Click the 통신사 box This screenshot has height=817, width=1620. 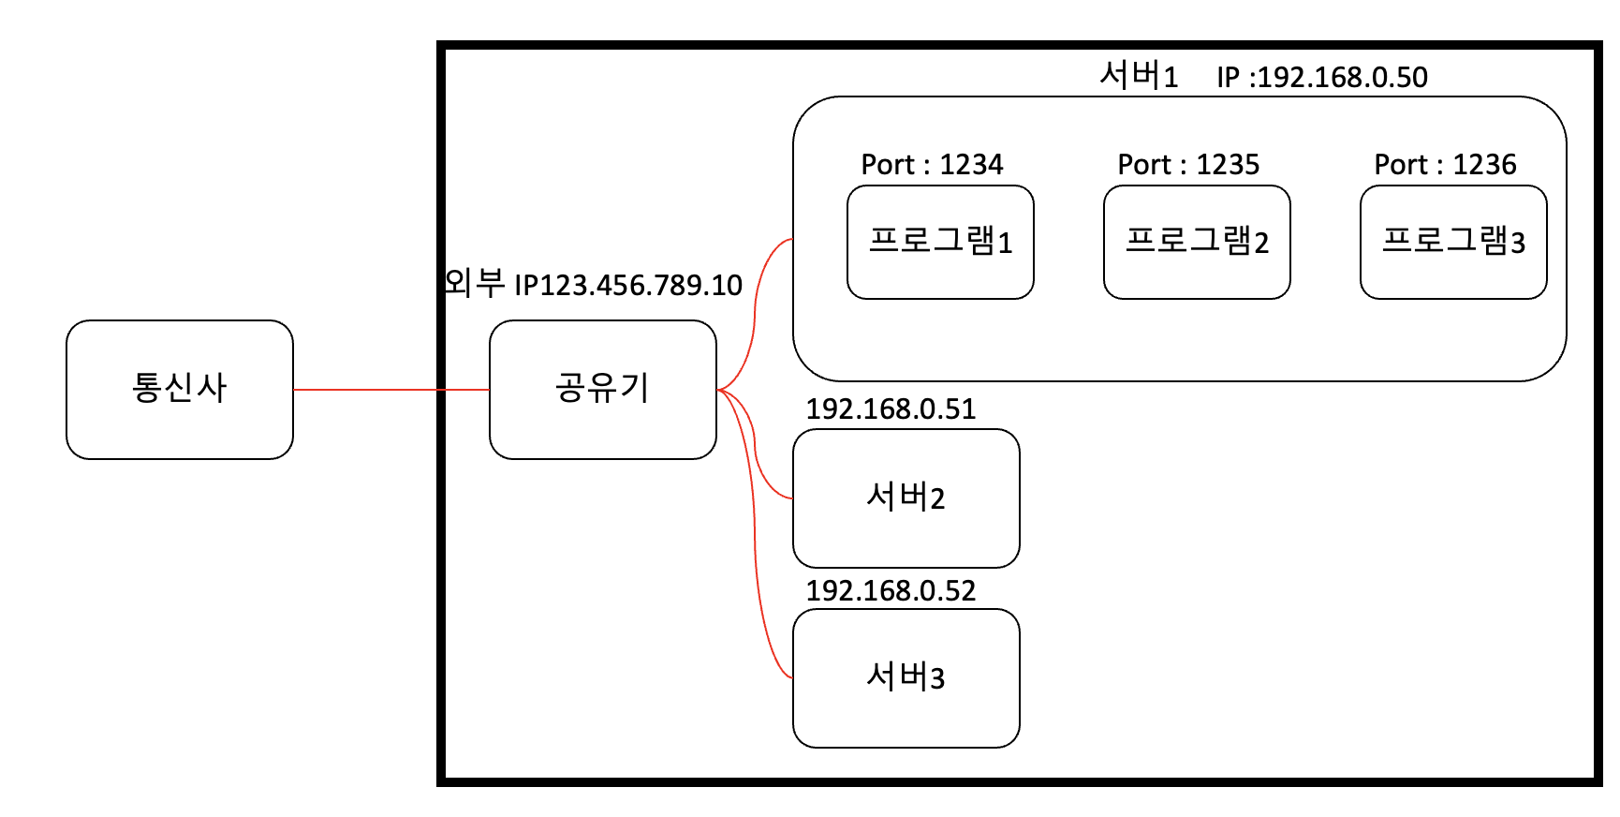pyautogui.click(x=180, y=389)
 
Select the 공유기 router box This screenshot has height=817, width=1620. pyautogui.click(x=602, y=389)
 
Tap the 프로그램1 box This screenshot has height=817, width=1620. pyautogui.click(x=940, y=242)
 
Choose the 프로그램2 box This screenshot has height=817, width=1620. pyautogui.click(x=1197, y=242)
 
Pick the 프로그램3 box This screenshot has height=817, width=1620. pyautogui.click(x=1453, y=242)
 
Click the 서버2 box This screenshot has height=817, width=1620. pyautogui.click(x=906, y=498)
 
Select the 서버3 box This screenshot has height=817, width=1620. pyautogui.click(x=906, y=677)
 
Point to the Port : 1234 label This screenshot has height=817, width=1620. pyautogui.click(x=932, y=165)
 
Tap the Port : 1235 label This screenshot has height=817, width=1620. pyautogui.click(x=1188, y=165)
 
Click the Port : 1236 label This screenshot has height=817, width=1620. pyautogui.click(x=1445, y=165)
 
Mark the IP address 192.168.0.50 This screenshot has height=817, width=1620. pyautogui.click(x=1342, y=77)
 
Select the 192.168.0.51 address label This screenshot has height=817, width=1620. pyautogui.click(x=891, y=408)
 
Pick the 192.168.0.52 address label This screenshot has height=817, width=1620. pyautogui.click(x=891, y=590)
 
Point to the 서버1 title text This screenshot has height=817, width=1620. pyautogui.click(x=1138, y=75)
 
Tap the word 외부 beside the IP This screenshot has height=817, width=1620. pyautogui.click(x=474, y=282)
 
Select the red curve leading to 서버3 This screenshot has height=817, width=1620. pyautogui.click(x=758, y=581)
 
